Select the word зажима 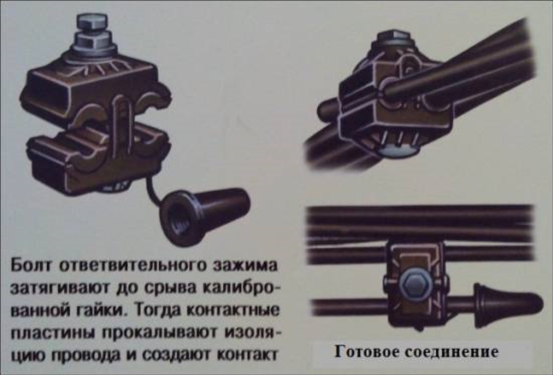click(246, 266)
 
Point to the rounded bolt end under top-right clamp click(399, 151)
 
